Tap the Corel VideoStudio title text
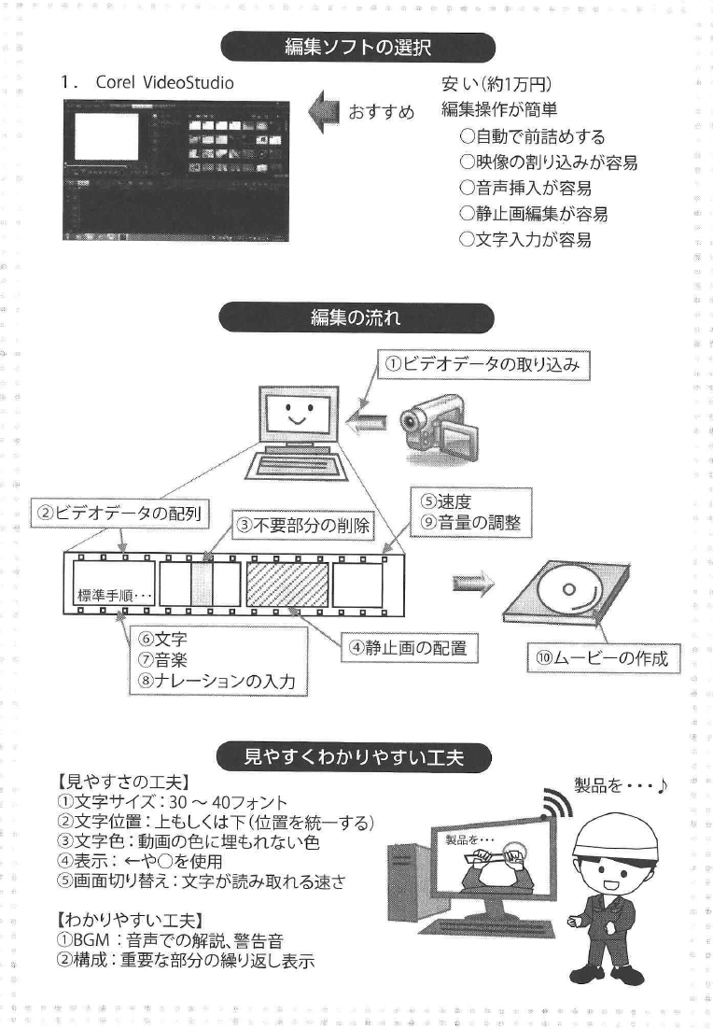(x=165, y=82)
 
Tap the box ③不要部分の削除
(x=302, y=525)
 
